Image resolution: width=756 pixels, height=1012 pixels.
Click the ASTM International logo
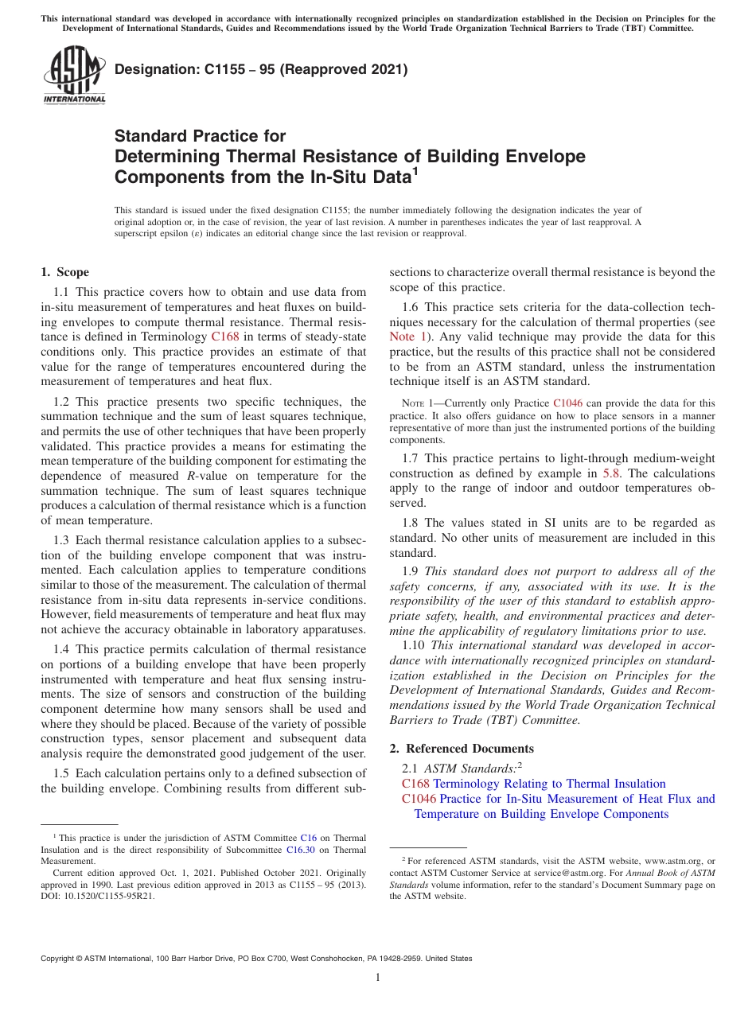coord(73,76)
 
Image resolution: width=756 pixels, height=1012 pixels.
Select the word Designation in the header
coord(149,69)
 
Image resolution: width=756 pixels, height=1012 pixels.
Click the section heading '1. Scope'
coord(65,272)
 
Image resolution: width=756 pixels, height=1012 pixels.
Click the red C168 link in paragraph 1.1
coord(224,337)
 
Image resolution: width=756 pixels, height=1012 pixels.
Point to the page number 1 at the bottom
coord(378,978)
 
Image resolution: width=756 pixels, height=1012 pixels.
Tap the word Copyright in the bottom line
coord(60,959)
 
